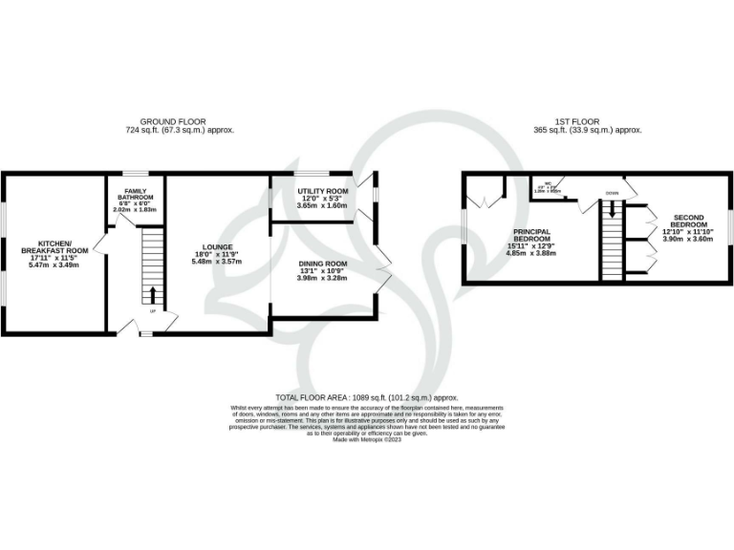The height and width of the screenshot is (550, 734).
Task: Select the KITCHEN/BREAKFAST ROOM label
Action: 54,247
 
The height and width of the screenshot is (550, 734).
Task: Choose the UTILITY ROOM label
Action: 322,191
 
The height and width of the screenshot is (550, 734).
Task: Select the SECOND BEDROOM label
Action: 688,222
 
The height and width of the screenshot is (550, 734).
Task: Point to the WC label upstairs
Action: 549,184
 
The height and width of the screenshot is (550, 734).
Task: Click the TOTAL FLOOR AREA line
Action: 367,396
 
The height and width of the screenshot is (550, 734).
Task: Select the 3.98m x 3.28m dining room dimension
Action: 322,278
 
